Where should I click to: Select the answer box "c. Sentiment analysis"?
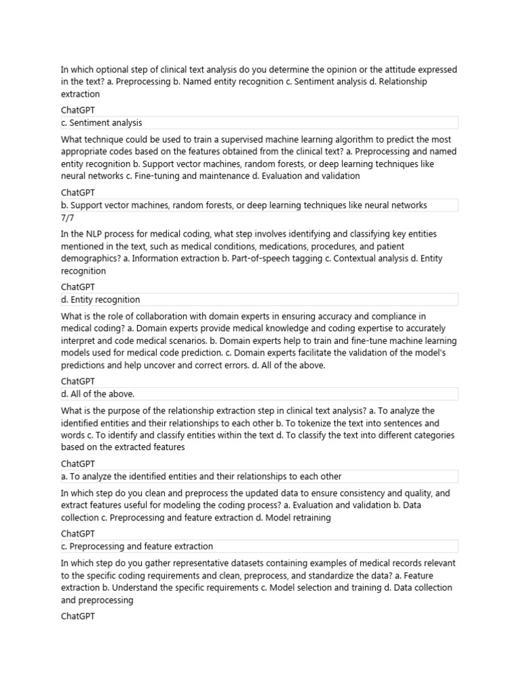coord(259,123)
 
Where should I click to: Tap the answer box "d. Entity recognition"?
coord(259,299)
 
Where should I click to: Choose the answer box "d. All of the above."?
coord(259,394)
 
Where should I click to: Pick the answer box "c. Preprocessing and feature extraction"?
coord(259,546)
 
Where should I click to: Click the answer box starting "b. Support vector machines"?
coord(259,205)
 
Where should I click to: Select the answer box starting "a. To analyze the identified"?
coord(259,476)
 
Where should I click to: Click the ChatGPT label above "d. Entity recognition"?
coord(78,287)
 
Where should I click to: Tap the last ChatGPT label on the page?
coord(78,616)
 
